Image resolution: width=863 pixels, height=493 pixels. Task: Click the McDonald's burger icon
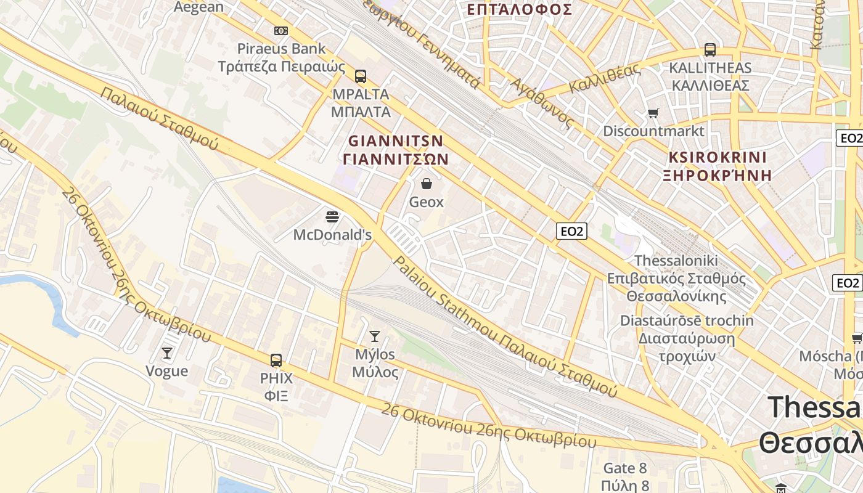coord(332,216)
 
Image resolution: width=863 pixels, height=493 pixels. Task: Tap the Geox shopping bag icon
coord(426,183)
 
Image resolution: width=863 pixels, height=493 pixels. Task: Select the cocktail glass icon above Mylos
coord(374,336)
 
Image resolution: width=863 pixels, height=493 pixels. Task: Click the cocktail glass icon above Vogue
coord(166,352)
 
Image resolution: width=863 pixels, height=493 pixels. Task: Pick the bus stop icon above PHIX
coord(276,360)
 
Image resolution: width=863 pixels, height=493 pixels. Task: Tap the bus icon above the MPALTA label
coord(361,76)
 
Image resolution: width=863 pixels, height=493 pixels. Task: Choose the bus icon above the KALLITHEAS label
coord(710,50)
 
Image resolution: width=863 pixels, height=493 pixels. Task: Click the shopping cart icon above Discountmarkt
coord(653,113)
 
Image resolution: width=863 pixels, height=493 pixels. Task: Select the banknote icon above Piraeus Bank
coord(281,30)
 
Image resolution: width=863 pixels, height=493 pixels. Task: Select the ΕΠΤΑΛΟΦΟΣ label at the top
coord(519,9)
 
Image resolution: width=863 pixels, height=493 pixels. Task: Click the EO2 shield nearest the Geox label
coord(571,231)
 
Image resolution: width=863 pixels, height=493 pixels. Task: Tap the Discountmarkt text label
coord(653,131)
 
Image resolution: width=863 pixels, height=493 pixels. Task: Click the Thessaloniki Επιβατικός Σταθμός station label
coord(676,278)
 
